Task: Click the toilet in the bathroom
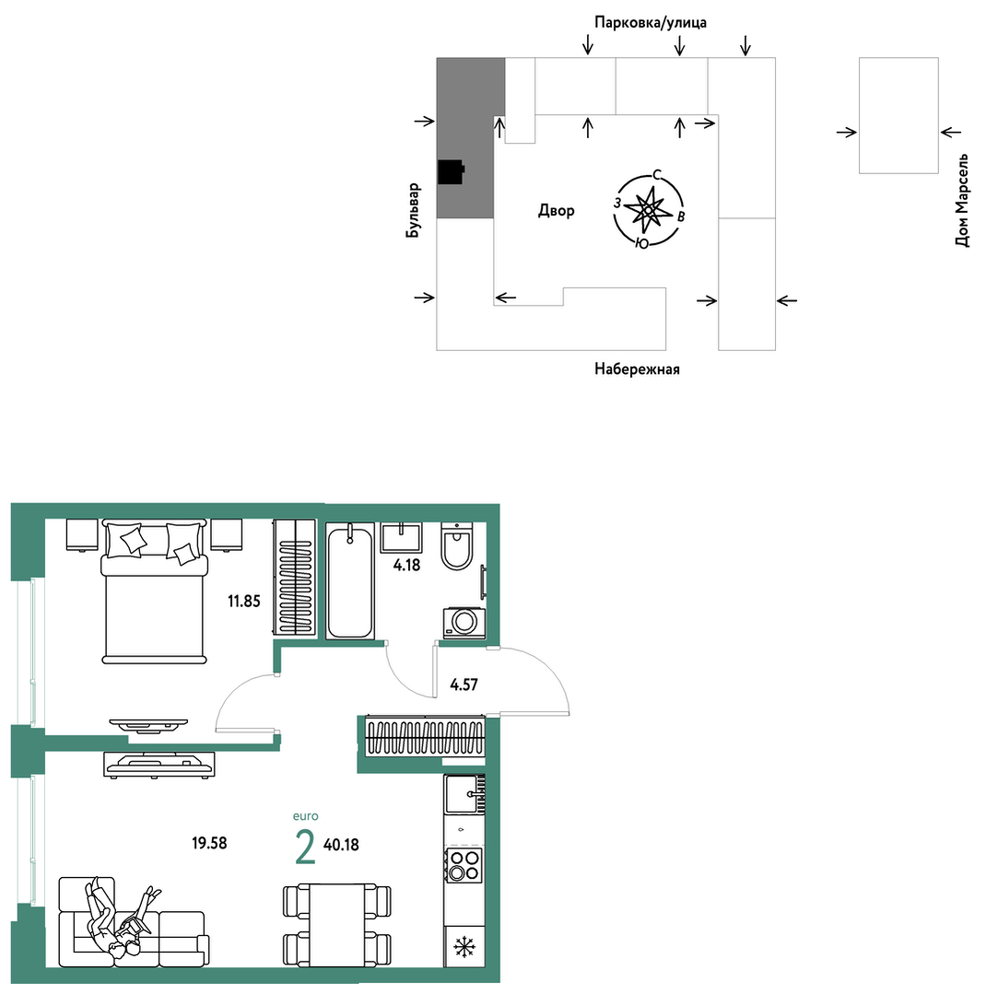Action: pyautogui.click(x=456, y=545)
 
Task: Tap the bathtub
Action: pyautogui.click(x=349, y=580)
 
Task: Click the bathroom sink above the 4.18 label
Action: pyautogui.click(x=402, y=538)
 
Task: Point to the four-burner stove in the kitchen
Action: pyautogui.click(x=464, y=865)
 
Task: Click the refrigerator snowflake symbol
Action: pyautogui.click(x=464, y=948)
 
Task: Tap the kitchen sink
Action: pyautogui.click(x=464, y=794)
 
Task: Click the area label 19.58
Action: pyautogui.click(x=209, y=843)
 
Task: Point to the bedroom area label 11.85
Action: pyautogui.click(x=244, y=601)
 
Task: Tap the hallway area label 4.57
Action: pyautogui.click(x=464, y=684)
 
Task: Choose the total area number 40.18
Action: pyautogui.click(x=341, y=845)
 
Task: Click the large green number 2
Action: pyautogui.click(x=305, y=848)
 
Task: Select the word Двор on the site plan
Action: pyautogui.click(x=556, y=210)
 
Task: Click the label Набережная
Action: pyautogui.click(x=637, y=368)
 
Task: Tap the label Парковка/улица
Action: pyautogui.click(x=651, y=23)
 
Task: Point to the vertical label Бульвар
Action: pyautogui.click(x=413, y=210)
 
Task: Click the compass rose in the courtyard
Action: pyautogui.click(x=648, y=208)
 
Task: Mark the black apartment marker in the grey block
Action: pyautogui.click(x=452, y=170)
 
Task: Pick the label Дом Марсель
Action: pyautogui.click(x=962, y=200)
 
